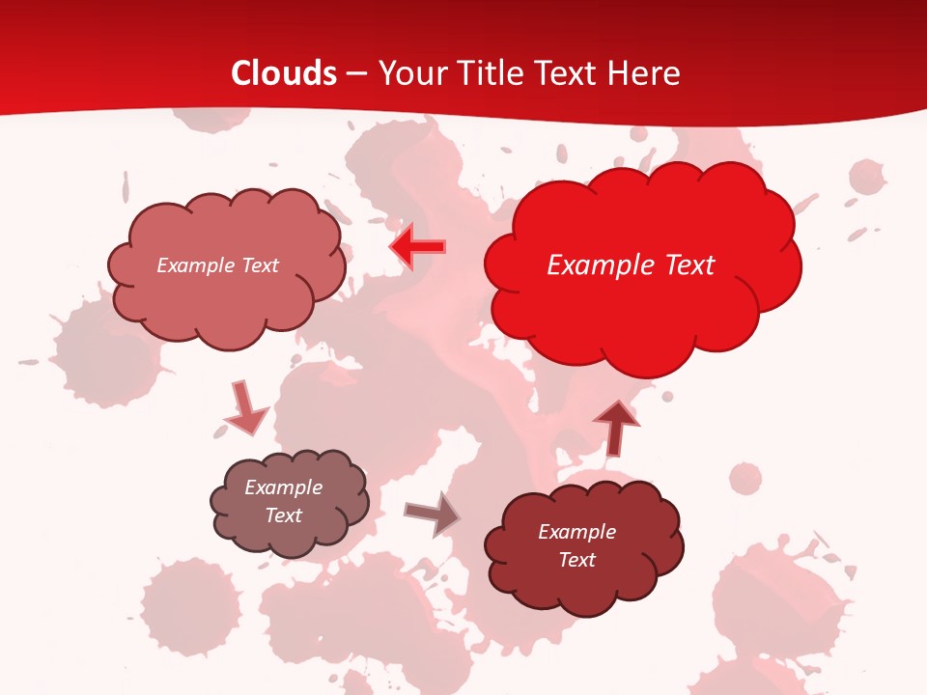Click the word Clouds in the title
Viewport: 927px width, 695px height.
point(284,73)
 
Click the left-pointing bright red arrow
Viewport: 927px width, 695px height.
point(417,247)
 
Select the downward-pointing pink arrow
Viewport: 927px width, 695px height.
point(244,409)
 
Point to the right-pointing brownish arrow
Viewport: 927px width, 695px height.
point(433,514)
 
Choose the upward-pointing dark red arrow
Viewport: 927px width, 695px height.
point(615,428)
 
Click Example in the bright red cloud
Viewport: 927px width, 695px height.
point(595,265)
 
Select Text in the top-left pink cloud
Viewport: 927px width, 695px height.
point(259,265)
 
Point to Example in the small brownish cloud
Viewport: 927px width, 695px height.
point(284,487)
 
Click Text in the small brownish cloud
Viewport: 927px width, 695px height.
point(284,515)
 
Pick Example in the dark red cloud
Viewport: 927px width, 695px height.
point(576,532)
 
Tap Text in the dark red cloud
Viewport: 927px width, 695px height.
point(576,560)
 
